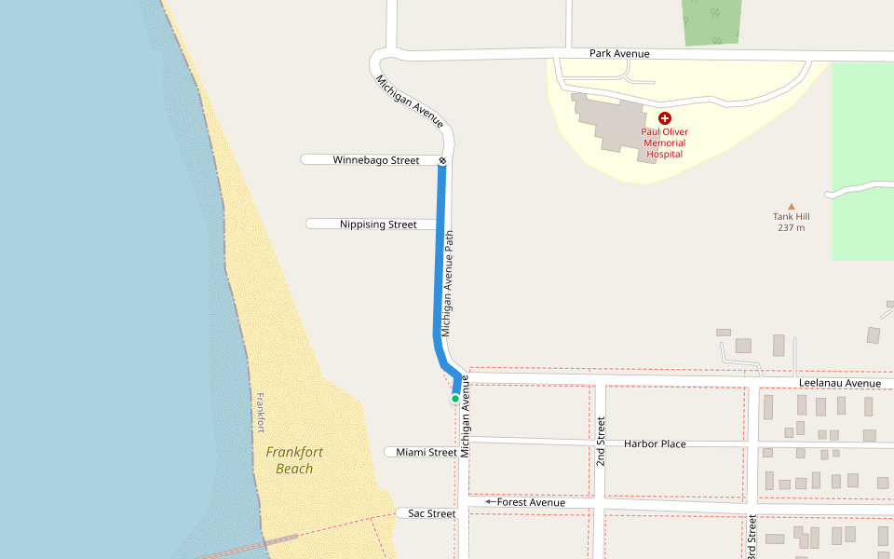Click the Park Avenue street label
(619, 54)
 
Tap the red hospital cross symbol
(665, 118)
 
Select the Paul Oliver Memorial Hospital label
(665, 143)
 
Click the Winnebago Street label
(376, 160)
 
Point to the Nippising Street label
(378, 225)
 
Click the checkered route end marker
(442, 161)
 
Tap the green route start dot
(455, 399)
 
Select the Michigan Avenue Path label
(448, 284)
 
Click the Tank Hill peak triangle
(792, 206)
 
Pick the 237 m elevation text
(791, 227)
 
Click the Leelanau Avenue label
(839, 384)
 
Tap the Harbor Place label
(655, 444)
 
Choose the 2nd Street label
(602, 442)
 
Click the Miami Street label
(427, 453)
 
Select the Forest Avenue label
(531, 503)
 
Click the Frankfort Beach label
(294, 460)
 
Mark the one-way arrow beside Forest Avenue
(490, 502)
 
